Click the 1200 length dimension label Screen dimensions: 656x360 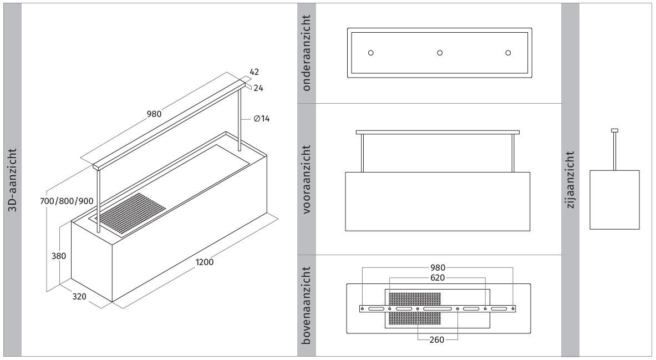pos(204,262)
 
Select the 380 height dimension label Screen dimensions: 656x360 pos(59,256)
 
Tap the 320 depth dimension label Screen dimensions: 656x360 pos(79,296)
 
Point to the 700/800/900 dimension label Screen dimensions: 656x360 pos(67,201)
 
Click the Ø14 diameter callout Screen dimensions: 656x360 pos(262,119)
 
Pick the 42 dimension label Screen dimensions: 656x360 pos(255,72)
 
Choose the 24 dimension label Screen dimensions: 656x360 pos(258,88)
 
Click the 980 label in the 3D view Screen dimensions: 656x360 pos(154,114)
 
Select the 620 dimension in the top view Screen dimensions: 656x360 pos(438,277)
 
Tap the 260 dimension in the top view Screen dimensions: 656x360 pos(437,340)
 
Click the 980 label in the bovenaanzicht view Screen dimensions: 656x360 pos(438,268)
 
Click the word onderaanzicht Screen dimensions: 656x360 pos(307,53)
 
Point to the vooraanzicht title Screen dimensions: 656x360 pos(307,180)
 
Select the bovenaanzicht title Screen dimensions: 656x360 pos(307,306)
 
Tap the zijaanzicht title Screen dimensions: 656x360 pos(570,180)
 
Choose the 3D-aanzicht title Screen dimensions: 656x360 pos(13,180)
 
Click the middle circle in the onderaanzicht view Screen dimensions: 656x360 pos(440,53)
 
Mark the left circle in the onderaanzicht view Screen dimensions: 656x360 pos(370,53)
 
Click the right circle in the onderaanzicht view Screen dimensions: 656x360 pos(508,53)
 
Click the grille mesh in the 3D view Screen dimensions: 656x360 pos(132,214)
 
